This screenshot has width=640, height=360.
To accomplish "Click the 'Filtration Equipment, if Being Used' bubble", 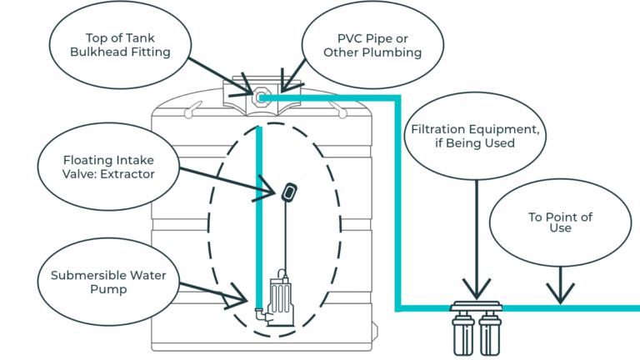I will pos(475,137).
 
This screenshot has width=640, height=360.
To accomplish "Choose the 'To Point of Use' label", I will pos(560,222).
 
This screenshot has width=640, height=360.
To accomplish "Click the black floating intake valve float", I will pos(289,192).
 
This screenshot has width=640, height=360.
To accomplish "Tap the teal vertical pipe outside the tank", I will pos(398,208).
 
